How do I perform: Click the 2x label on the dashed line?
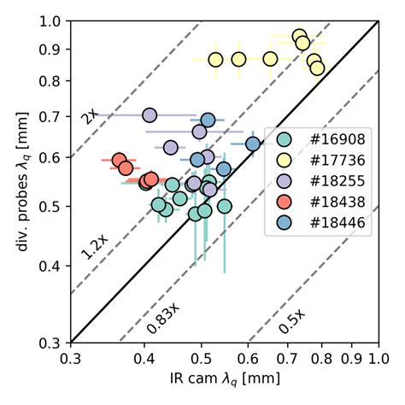click(x=89, y=113)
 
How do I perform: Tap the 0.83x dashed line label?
click(x=162, y=316)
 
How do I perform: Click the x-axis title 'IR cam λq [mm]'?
click(x=224, y=381)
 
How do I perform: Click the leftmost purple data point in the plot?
click(x=150, y=115)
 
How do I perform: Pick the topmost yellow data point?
click(x=299, y=37)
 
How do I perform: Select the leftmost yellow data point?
click(x=215, y=60)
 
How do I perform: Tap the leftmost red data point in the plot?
click(x=120, y=160)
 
